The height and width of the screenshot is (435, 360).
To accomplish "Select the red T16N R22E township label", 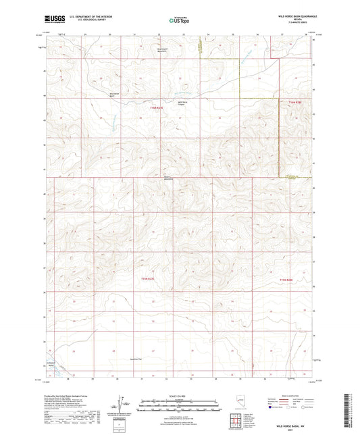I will [x=157, y=109].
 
